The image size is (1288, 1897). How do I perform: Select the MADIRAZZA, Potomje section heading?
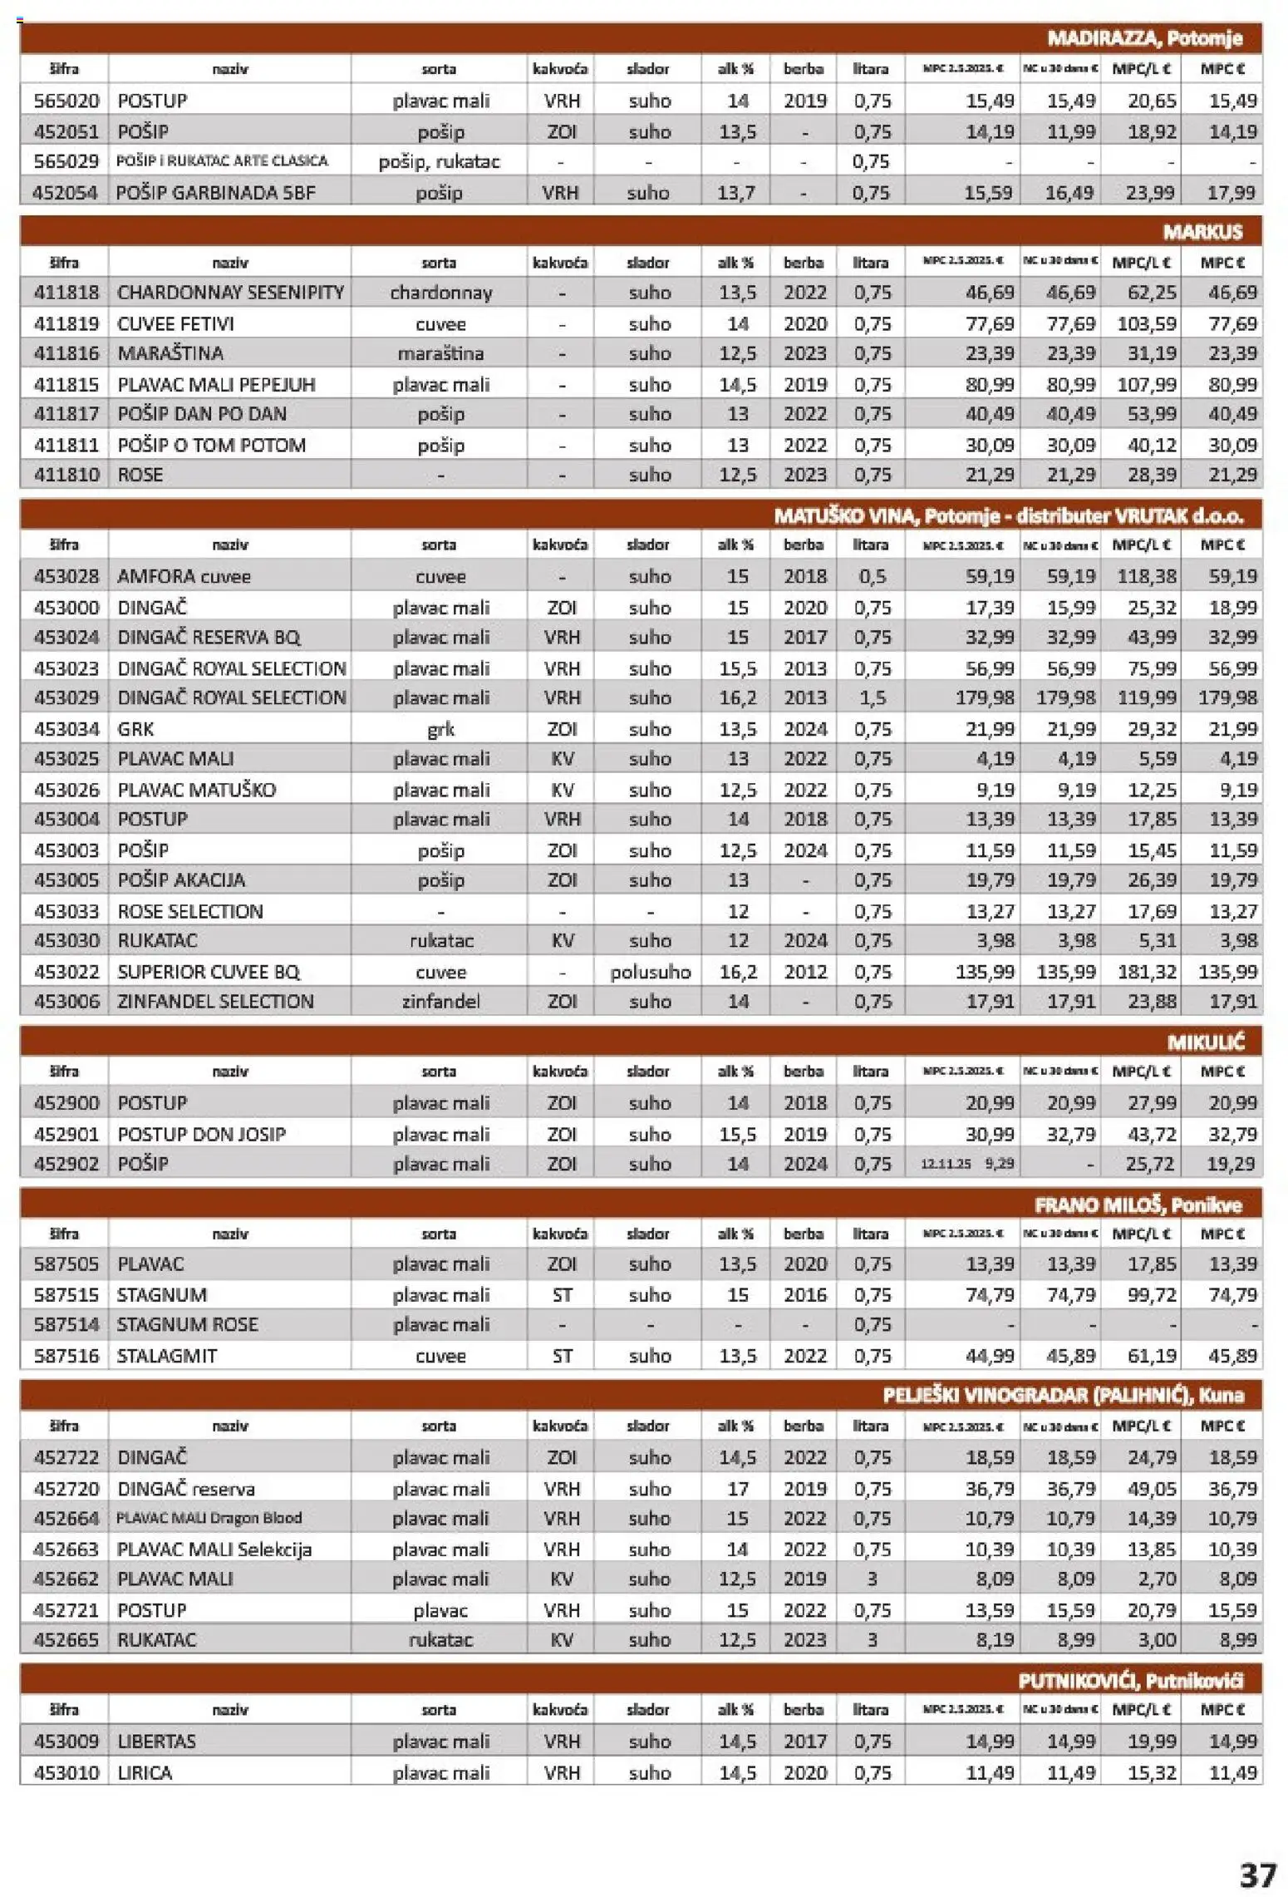1144,38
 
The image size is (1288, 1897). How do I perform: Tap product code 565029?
66,161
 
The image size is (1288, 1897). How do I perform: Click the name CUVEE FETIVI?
175,323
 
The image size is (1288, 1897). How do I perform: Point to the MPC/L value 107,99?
1147,384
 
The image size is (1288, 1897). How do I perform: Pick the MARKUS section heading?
1202,232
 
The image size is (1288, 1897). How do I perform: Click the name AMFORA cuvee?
184,576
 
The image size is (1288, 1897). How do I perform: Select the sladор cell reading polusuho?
650,972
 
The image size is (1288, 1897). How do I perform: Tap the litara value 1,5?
872,697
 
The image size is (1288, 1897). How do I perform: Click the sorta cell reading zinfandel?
440,1001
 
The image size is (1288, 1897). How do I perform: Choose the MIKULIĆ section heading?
1205,1042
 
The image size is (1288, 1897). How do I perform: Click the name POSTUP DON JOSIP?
201,1134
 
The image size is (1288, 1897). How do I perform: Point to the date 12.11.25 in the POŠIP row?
945,1164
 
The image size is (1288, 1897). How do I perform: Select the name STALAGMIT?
166,1356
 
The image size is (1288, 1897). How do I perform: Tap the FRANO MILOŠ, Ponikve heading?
1138,1205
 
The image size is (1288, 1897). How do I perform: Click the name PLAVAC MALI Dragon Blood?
209,1518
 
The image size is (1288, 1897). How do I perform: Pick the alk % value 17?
737,1488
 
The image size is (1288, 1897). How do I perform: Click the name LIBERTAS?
156,1741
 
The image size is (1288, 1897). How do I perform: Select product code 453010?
66,1772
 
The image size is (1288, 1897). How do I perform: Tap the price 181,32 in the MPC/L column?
1147,972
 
